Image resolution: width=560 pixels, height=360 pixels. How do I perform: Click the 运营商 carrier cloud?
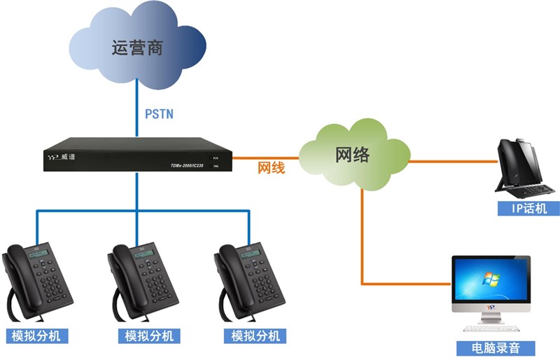136,48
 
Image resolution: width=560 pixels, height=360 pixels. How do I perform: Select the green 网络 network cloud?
353,155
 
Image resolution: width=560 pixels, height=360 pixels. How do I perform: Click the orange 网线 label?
272,168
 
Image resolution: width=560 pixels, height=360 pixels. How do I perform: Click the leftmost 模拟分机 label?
36,335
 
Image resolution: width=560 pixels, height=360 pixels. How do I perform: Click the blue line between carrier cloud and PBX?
137,105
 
